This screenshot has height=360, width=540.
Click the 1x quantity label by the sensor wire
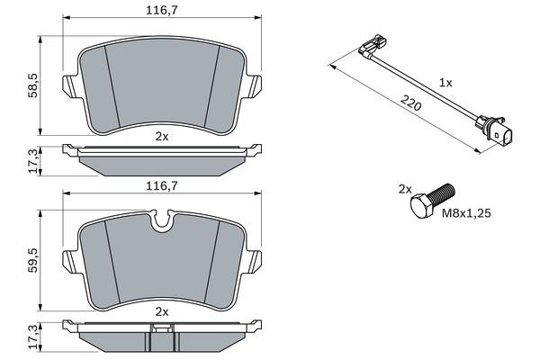click(x=445, y=82)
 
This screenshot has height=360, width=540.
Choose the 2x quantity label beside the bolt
click(x=404, y=189)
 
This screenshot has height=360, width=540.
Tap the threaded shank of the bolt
click(x=443, y=193)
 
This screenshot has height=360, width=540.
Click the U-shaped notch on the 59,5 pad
click(x=163, y=218)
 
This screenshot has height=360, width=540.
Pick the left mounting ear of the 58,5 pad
click(x=68, y=87)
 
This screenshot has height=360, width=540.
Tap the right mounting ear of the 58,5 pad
click(x=255, y=87)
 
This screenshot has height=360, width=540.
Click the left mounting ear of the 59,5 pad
click(x=68, y=259)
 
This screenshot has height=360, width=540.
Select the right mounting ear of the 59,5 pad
click(x=255, y=259)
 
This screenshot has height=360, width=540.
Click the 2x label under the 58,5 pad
click(x=161, y=136)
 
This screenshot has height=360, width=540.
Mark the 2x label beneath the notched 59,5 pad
click(x=161, y=310)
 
